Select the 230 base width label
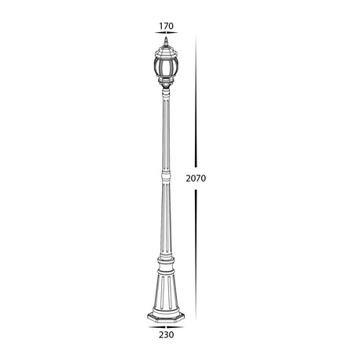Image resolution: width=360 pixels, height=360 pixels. click(164, 336)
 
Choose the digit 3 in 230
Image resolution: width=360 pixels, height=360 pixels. click(164, 336)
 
